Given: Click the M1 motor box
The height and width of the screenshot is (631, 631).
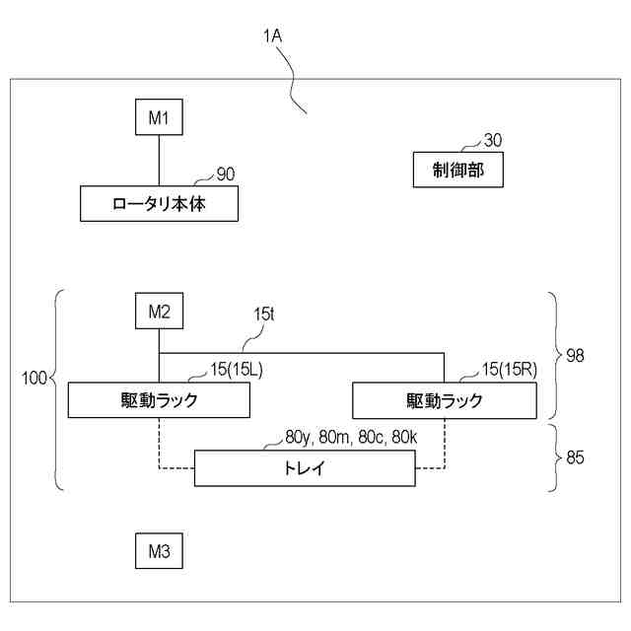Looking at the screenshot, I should [159, 118].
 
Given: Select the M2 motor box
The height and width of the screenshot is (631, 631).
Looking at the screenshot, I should [159, 313].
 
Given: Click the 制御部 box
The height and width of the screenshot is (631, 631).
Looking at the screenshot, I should [457, 170].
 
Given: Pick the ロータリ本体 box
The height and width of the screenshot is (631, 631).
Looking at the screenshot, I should [159, 205].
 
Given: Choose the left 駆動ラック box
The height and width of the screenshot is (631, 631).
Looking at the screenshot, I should [159, 400].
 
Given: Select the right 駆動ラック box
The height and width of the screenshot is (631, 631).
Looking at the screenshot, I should [445, 400].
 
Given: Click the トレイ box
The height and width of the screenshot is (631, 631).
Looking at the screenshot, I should [304, 468].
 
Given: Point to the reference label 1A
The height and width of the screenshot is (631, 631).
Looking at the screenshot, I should [273, 36].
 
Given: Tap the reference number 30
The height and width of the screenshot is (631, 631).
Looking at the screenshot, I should [493, 141].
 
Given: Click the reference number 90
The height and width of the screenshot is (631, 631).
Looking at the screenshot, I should [226, 175].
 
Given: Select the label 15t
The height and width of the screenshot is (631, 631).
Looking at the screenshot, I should [263, 315].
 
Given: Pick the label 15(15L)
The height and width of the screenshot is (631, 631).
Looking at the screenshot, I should [238, 369].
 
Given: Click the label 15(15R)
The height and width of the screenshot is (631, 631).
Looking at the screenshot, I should [509, 369].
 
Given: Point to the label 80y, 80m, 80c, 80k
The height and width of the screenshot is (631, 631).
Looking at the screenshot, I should [339, 436].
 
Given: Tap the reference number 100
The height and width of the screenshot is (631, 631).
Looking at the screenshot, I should [34, 378].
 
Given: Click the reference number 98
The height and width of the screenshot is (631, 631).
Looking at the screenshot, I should [575, 355].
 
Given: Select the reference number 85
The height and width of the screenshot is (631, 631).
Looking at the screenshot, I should [575, 456].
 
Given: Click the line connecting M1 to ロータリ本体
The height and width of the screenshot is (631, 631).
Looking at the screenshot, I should [159, 162].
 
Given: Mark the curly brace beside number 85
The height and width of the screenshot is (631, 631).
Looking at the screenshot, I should [553, 456].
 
